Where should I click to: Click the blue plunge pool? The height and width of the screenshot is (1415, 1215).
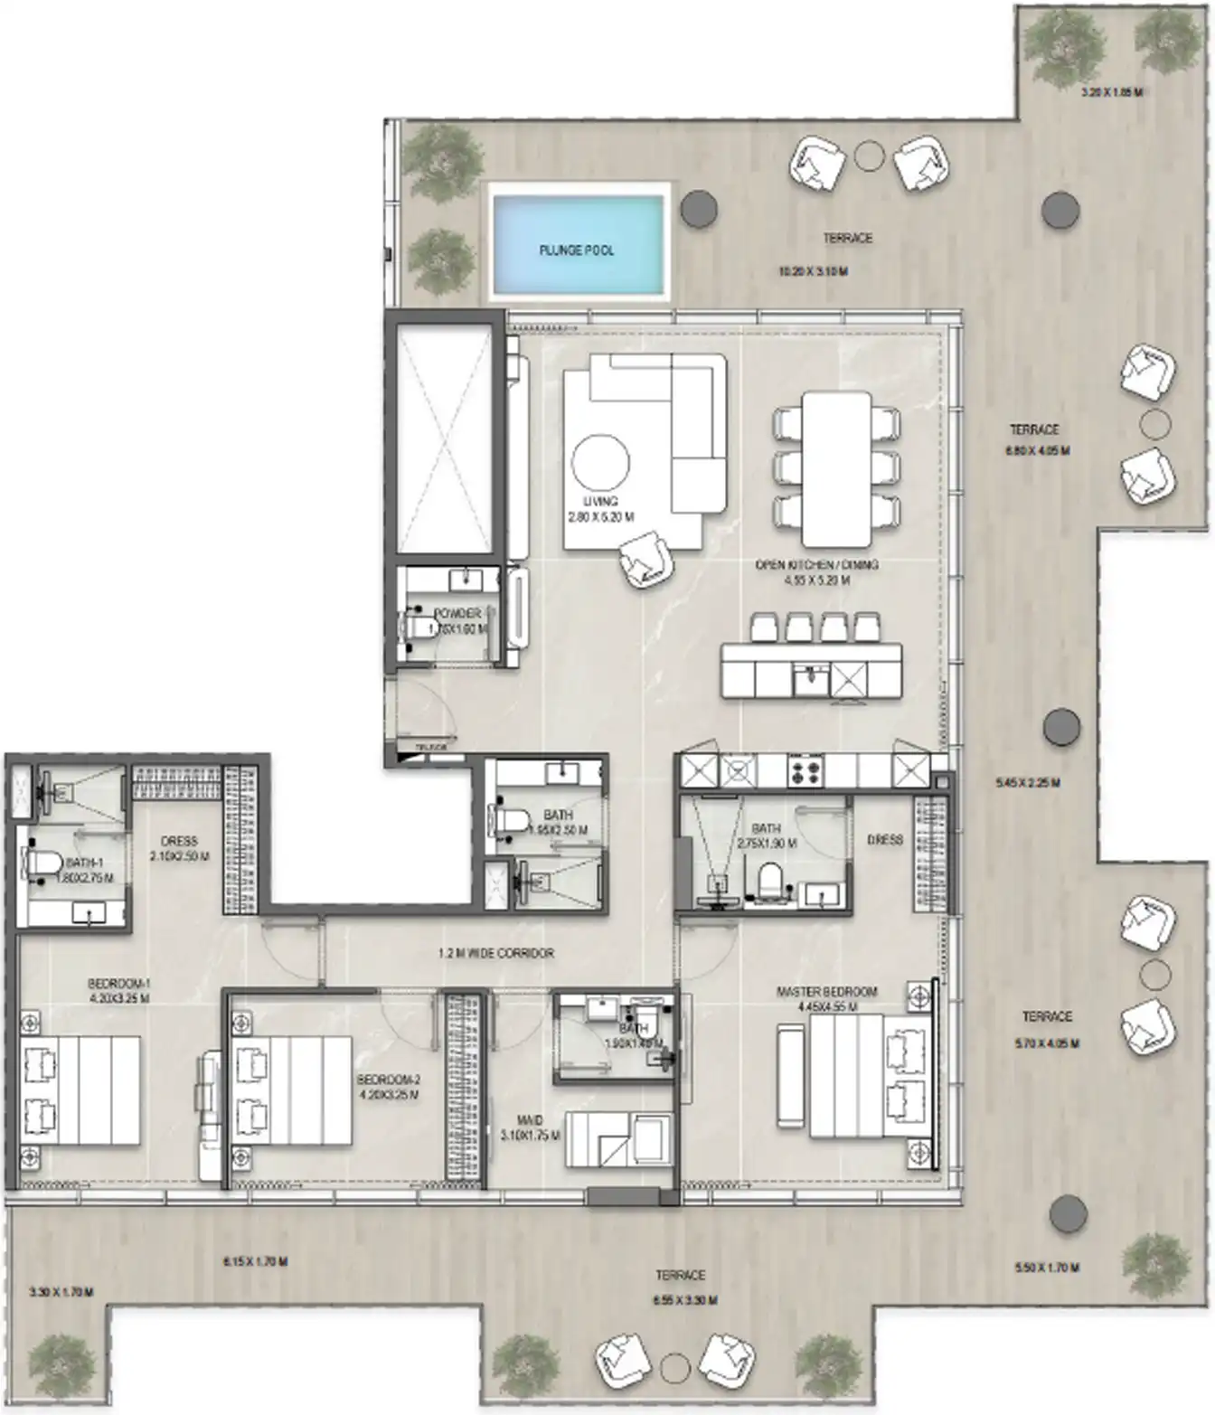(577, 241)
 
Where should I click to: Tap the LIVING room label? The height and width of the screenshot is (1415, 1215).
(600, 501)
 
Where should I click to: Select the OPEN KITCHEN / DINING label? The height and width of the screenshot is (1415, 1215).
(816, 565)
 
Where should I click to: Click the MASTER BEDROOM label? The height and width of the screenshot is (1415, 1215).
(826, 992)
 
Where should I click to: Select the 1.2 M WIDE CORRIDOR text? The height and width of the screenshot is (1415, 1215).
(495, 953)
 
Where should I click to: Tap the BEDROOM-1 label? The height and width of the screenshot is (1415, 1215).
(119, 984)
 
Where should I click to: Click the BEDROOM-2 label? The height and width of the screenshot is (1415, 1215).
(389, 1080)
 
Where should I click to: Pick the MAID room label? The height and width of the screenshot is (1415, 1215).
(530, 1121)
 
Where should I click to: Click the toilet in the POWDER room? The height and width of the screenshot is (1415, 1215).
(417, 623)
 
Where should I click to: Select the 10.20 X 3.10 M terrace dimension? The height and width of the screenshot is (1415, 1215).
(813, 270)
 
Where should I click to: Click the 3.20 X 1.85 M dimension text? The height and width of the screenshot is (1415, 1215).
(1112, 92)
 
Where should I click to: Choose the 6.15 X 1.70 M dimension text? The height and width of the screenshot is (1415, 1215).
(255, 1261)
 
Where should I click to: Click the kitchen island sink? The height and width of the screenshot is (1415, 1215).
(811, 674)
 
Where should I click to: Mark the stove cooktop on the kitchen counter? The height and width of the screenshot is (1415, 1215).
(804, 771)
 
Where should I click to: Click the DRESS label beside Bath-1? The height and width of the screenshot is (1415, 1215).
(179, 841)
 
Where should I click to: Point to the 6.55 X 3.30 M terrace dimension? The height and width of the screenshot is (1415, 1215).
(686, 1300)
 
